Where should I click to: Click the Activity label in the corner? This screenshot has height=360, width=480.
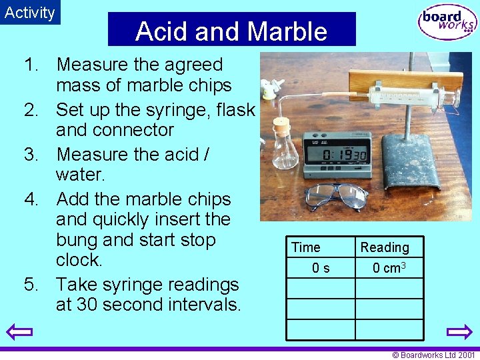point(30,13)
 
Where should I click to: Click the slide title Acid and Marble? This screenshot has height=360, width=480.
point(231,31)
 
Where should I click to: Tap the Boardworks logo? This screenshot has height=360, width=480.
point(447,23)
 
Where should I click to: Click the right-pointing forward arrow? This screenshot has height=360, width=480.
point(459,331)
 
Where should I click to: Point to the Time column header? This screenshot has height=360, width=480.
point(305,247)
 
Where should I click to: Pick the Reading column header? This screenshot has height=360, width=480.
point(385,247)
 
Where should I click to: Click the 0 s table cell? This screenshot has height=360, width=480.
point(321,268)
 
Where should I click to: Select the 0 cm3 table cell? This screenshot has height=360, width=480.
point(389,268)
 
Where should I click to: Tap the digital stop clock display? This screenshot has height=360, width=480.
point(336,153)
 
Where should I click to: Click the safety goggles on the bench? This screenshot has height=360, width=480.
point(336,195)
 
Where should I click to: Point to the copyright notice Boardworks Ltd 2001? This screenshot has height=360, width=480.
point(434,355)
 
